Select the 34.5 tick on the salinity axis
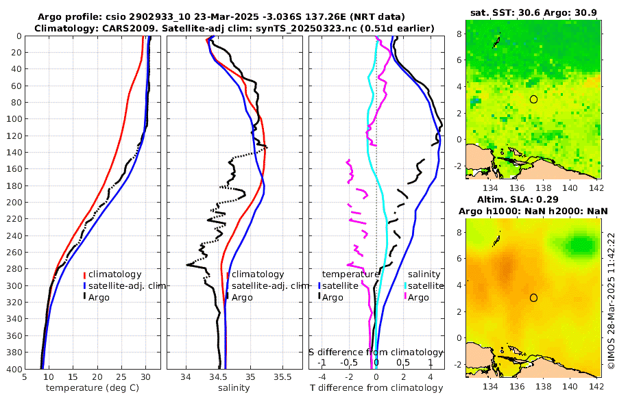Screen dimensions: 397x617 tap(218, 377)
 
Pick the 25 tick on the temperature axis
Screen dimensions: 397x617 tap(121, 377)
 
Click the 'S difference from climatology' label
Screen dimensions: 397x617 tap(376, 352)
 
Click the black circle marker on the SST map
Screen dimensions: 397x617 tap(533, 99)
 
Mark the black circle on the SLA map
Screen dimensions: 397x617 tap(533, 298)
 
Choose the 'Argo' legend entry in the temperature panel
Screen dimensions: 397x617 tap(99, 296)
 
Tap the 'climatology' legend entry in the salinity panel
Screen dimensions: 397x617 tap(258, 274)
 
